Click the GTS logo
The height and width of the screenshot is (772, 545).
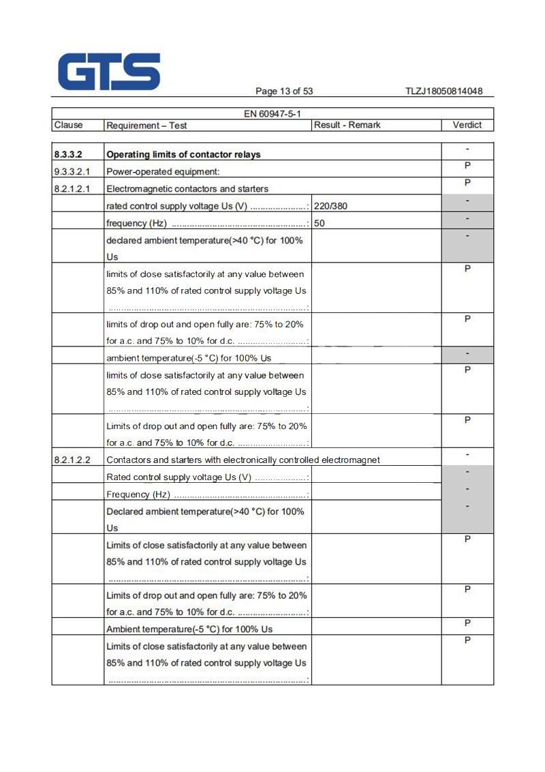coord(109,72)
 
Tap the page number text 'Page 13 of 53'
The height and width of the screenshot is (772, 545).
coord(284,91)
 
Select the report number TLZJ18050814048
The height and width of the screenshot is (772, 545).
coord(443,91)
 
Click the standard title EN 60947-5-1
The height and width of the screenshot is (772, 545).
coord(272,114)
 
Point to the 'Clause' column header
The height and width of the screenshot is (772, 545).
coord(68,125)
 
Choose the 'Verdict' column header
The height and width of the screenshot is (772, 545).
coord(467,125)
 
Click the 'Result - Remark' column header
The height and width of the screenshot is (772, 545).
coord(347,125)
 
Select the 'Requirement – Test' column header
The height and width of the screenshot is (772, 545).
coord(146,125)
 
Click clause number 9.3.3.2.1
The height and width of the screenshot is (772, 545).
coord(73,172)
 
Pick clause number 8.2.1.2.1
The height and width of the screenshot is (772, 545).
coord(73,189)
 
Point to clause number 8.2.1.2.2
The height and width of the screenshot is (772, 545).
coord(73,460)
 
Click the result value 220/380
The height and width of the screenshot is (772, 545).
coord(334,206)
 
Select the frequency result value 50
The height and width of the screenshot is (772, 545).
coord(320,223)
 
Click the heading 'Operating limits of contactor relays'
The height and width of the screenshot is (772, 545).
coord(184,155)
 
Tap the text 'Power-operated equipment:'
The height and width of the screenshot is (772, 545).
coord(163,172)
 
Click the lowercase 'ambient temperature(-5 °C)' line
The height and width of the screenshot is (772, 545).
coord(189,358)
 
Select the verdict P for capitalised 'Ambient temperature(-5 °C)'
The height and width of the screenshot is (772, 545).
coord(467,623)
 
